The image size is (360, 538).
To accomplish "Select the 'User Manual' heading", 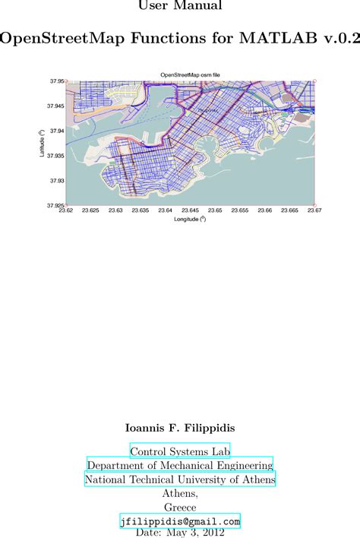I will coord(180,6).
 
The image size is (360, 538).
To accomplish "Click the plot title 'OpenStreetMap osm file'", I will coord(190,74).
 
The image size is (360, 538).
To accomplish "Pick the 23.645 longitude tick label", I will coord(190,210).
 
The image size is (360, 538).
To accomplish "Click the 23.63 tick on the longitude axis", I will coord(115,210).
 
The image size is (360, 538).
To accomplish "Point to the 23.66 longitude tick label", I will coord(264,210).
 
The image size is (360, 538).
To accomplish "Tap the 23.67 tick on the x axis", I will coord(314,210).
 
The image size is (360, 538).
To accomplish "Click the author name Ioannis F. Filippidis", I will coord(180,429).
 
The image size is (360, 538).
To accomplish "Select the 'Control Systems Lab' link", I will coord(180,451).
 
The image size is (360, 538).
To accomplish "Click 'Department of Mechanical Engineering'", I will coord(180,465).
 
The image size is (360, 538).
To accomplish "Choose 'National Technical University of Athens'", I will coord(180,479).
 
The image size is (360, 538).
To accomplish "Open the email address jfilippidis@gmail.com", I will coord(180,521).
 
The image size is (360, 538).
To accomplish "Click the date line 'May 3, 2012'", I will coord(197,533).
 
